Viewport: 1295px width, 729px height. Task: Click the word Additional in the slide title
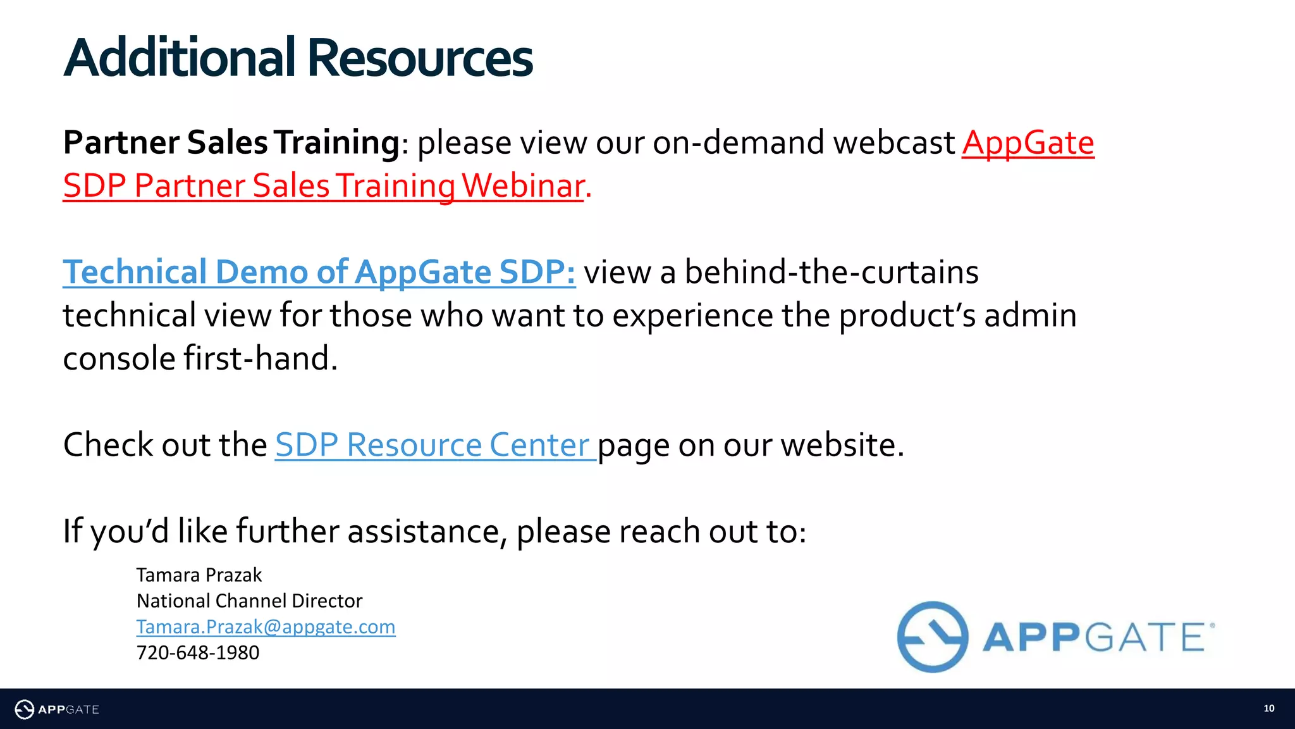pos(180,58)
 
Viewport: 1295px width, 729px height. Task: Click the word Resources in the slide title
pos(420,58)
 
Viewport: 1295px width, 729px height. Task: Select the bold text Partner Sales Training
pos(231,142)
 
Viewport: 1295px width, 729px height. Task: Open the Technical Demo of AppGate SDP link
pos(319,272)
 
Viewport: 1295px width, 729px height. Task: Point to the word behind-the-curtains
pos(832,272)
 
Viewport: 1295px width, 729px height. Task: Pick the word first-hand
pos(260,359)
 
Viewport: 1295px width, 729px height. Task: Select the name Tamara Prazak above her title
pos(199,575)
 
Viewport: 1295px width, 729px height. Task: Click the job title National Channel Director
pos(249,601)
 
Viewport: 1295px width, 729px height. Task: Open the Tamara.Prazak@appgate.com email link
pos(266,627)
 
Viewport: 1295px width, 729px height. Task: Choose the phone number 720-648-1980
pos(198,653)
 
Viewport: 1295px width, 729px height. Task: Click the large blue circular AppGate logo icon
pos(932,637)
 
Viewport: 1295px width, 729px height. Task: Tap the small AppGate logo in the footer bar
pos(57,709)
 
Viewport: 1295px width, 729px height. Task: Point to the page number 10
pos(1268,709)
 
